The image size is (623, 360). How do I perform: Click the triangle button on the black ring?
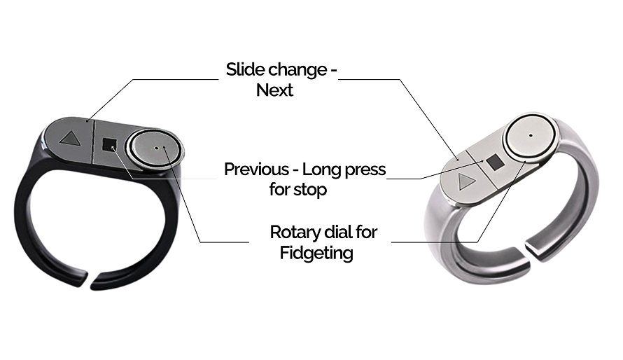click(x=69, y=138)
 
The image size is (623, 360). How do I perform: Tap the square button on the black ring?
click(x=108, y=145)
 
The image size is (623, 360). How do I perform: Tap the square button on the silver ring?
click(x=494, y=162)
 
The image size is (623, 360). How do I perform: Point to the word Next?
click(x=274, y=90)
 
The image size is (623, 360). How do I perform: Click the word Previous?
click(x=255, y=169)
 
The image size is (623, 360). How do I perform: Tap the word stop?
click(x=314, y=189)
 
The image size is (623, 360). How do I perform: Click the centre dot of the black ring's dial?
click(x=162, y=148)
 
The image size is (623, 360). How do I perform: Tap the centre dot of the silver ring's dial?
click(x=531, y=134)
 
